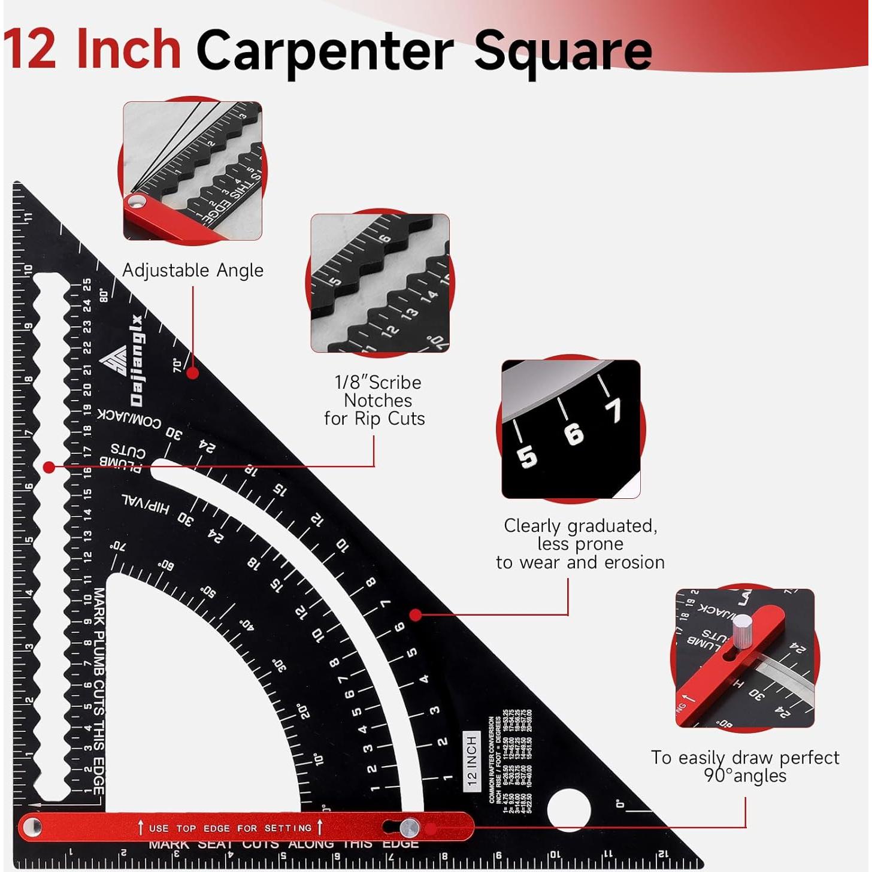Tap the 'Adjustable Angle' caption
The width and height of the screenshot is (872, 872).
coord(193,271)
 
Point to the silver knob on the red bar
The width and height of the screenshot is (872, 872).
coord(410,828)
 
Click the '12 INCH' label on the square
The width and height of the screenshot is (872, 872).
coord(472,761)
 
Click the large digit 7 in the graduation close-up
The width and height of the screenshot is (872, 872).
coord(613,411)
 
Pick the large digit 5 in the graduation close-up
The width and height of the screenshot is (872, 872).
coord(527,457)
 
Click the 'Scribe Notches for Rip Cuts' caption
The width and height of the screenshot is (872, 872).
coord(376,401)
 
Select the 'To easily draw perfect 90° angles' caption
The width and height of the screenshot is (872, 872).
coord(745,767)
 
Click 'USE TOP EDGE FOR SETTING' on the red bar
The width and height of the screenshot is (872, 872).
coord(230,828)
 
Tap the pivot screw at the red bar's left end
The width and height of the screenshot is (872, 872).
coord(32,828)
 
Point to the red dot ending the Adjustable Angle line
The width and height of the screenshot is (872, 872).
coord(192,373)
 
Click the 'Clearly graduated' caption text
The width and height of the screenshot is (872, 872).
coord(580,544)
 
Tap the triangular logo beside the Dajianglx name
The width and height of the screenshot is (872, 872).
coord(113,361)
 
